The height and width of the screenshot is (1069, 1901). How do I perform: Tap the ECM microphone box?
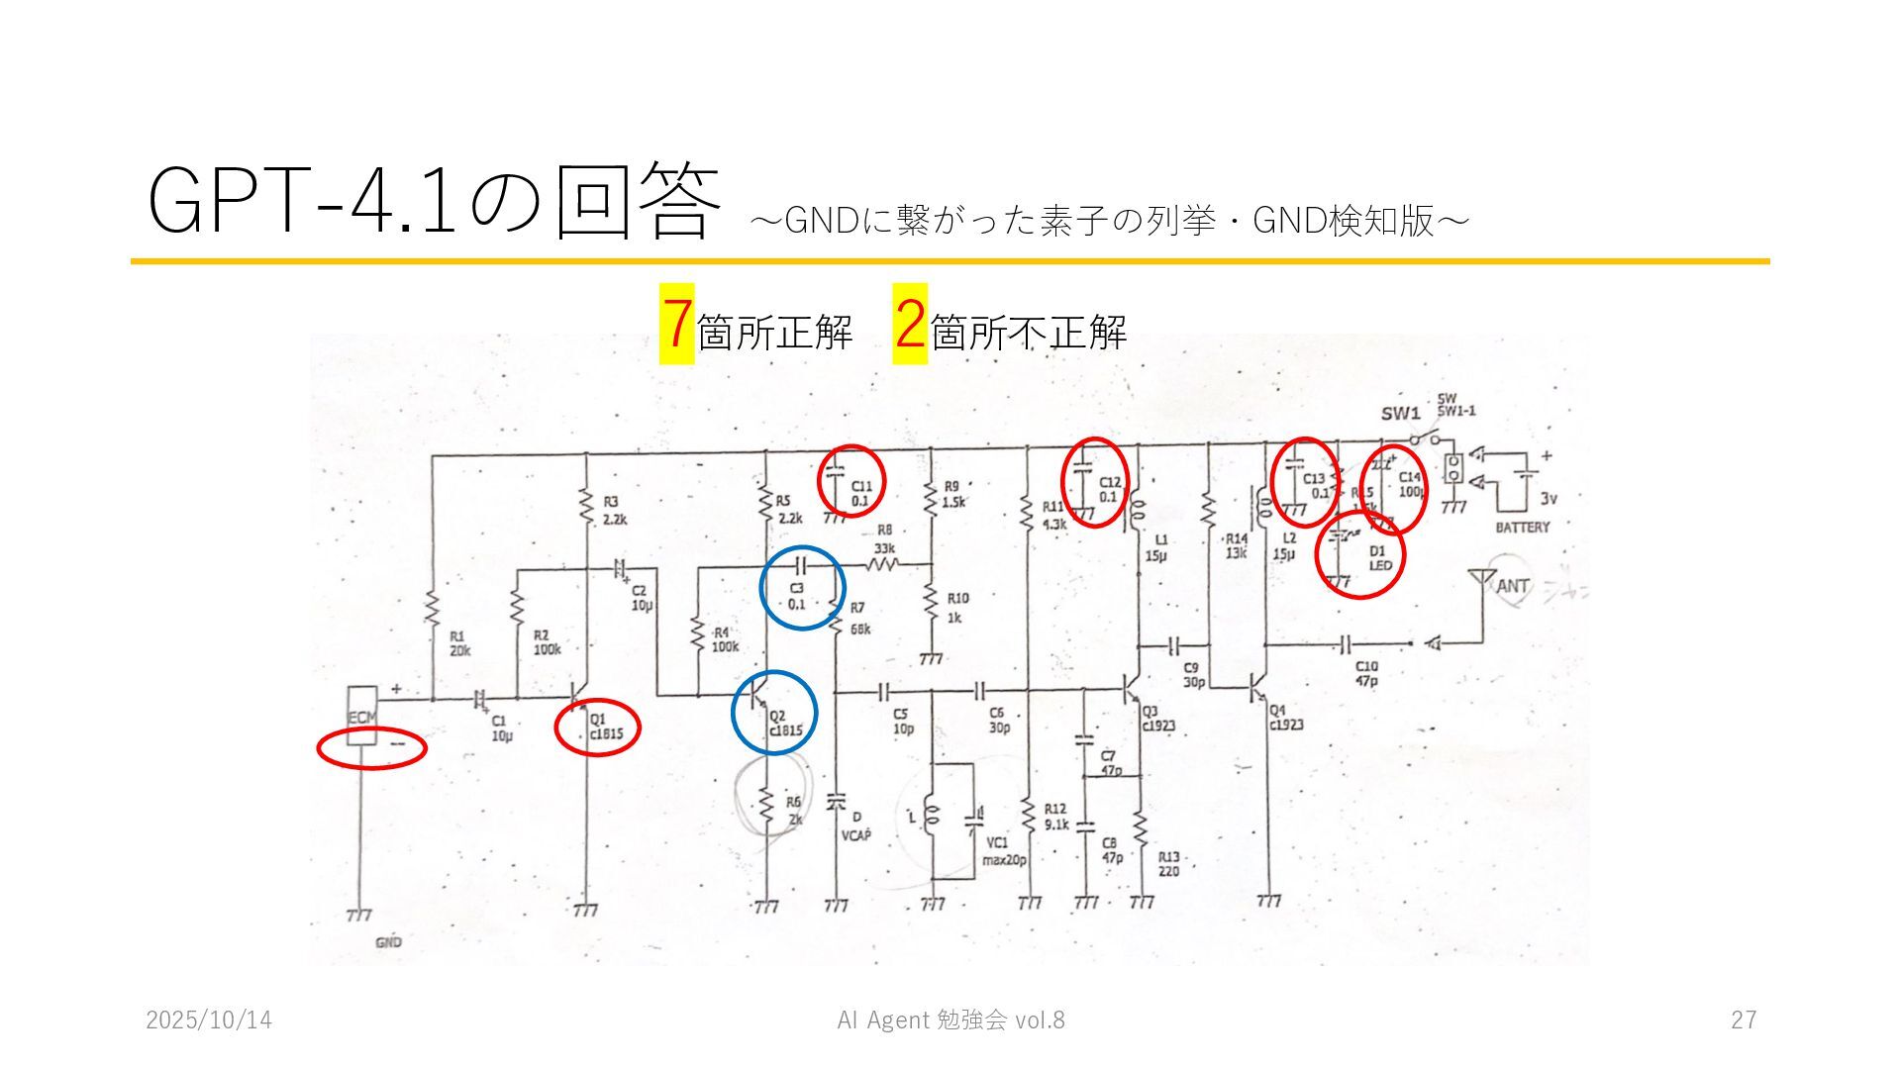tap(361, 716)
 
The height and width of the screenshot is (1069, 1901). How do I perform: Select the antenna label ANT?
tap(1512, 586)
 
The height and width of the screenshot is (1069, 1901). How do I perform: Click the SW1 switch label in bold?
tap(1401, 414)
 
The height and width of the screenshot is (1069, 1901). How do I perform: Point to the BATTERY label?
tap(1522, 527)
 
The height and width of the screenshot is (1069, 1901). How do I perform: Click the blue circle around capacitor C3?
tap(802, 588)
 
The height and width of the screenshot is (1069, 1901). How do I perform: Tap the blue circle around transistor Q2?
tap(774, 712)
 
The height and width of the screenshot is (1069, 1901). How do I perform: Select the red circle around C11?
tap(851, 480)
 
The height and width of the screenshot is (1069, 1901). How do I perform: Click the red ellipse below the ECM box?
tap(371, 748)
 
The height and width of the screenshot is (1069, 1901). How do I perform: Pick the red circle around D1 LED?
tap(1360, 554)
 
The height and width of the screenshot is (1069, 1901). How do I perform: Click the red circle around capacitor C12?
tap(1095, 482)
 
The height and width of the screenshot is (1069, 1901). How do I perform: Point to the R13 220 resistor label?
tap(1169, 864)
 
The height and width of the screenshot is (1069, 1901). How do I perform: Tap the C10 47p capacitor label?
tap(1366, 673)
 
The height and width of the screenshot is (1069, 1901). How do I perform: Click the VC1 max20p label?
tap(1003, 851)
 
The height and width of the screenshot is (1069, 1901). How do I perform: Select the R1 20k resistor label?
tap(459, 643)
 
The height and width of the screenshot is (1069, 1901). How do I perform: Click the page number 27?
tap(1743, 1020)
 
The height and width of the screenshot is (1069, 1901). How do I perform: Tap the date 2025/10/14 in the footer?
tap(209, 1020)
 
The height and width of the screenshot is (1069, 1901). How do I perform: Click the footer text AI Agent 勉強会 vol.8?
tap(950, 1020)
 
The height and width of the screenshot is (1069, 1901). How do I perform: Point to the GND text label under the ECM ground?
tap(388, 942)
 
